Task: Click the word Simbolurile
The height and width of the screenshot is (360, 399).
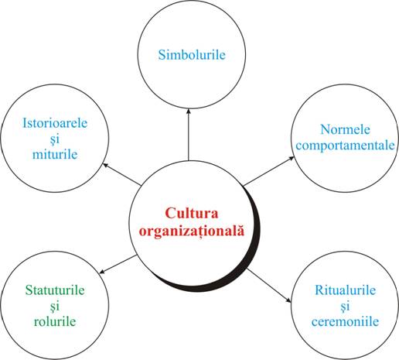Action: (192, 55)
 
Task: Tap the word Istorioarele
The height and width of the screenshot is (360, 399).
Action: (55, 123)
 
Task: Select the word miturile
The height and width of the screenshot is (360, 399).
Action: (55, 154)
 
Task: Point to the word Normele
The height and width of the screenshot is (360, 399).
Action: (345, 129)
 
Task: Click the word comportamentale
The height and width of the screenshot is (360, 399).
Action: (345, 145)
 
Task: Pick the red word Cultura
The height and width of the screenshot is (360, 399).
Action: (192, 213)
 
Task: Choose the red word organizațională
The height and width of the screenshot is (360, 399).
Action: (192, 230)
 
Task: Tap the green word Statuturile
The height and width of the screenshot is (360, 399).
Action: (55, 290)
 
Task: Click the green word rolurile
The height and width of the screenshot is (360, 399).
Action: (55, 321)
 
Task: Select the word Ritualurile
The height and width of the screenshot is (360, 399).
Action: (345, 290)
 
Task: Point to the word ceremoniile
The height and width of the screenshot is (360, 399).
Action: (345, 321)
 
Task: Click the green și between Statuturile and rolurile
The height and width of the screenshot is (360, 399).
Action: (55, 307)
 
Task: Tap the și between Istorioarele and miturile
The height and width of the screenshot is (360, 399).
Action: (55, 139)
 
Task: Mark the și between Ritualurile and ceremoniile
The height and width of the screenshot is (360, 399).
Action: (345, 307)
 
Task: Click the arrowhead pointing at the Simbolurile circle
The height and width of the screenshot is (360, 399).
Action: (189, 111)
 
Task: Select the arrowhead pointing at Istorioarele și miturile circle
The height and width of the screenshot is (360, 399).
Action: (106, 165)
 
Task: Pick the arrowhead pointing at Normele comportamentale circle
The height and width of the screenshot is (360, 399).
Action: (291, 158)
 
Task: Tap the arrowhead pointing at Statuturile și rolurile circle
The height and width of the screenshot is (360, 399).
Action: (102, 271)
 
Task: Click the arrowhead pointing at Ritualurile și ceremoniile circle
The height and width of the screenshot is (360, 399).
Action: (288, 300)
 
